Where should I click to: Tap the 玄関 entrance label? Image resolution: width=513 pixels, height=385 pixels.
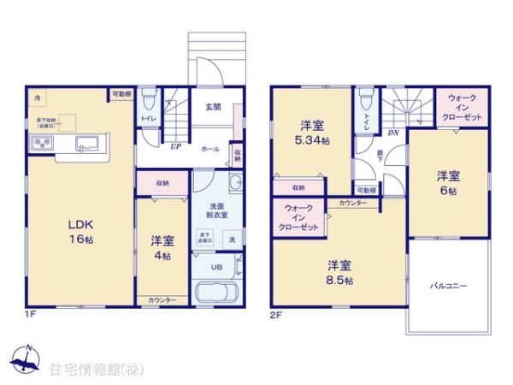click(214, 107)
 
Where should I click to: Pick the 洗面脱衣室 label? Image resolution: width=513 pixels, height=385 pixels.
click(212, 210)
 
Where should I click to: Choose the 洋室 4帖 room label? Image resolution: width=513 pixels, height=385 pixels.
click(161, 246)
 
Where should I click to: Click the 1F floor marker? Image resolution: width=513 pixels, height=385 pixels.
click(31, 314)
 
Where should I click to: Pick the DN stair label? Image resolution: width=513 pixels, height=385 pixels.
click(392, 134)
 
